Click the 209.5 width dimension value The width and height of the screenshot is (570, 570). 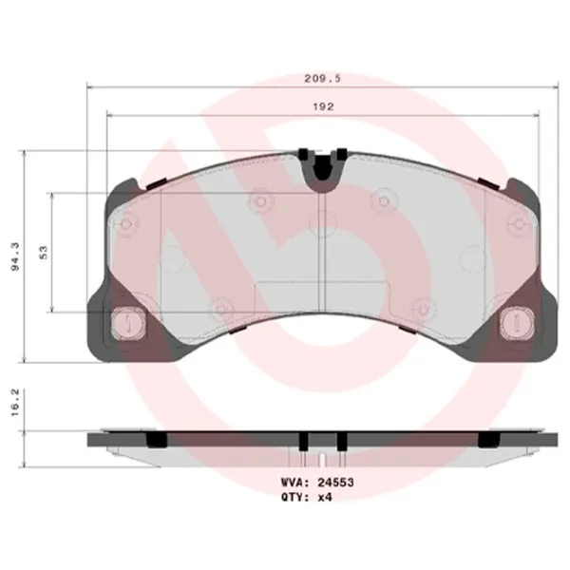pos(322,78)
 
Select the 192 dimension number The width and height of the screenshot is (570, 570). pos(323,106)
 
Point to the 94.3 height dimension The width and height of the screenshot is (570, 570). pos(15,256)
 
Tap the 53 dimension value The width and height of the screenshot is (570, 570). pos(44,253)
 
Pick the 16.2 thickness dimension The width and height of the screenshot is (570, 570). pos(14,403)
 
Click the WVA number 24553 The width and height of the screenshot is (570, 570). pos(335,483)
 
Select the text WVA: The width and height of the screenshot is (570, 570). pos(295,483)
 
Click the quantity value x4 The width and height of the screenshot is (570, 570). pos(325,497)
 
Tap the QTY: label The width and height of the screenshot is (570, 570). pos(295,497)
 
